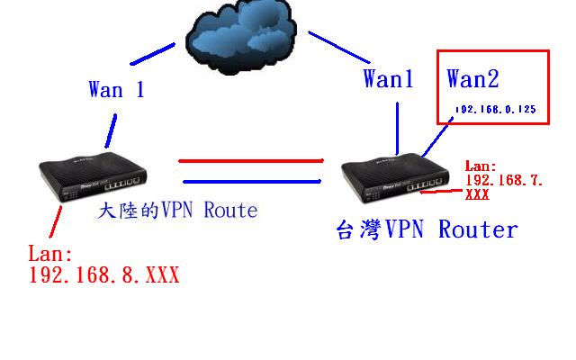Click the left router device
[95, 179]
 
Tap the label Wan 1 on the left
[116, 89]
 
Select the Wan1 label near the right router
[388, 79]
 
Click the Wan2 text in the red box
[472, 79]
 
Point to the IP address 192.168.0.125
[496, 109]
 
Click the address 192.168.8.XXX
[104, 275]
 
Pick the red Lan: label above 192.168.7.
[480, 166]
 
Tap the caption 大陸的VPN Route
[177, 211]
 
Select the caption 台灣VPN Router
[427, 229]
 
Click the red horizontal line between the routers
[251, 161]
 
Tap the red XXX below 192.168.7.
[477, 193]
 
